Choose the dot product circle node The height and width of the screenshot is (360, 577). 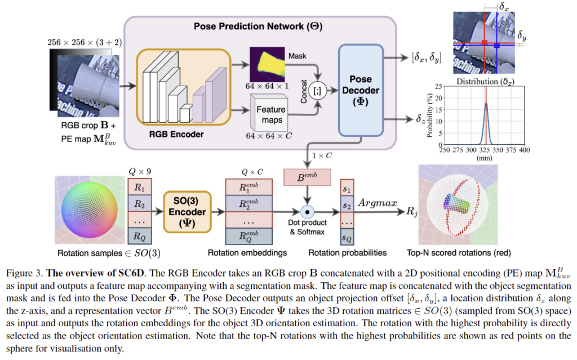tap(307, 212)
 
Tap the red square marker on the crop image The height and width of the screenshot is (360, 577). tap(484, 43)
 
